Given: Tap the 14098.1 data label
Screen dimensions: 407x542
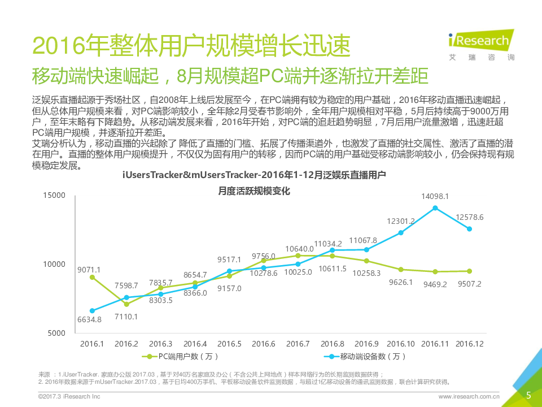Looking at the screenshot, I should click(x=435, y=196).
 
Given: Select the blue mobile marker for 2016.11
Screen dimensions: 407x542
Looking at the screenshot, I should click(x=435, y=208).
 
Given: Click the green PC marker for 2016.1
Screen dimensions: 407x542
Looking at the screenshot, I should click(x=92, y=278).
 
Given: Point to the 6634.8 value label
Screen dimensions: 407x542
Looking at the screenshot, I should click(x=89, y=319).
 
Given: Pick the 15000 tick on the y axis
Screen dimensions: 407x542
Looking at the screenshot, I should click(x=55, y=195).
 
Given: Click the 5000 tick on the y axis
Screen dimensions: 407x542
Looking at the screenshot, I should click(x=57, y=333).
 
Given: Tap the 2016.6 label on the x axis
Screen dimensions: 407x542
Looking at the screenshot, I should click(x=264, y=343).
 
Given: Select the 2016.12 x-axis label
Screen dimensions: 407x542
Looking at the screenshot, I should click(x=469, y=343).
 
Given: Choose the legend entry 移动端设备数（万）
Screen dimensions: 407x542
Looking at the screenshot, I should click(x=367, y=356).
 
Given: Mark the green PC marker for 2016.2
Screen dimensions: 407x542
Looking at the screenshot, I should click(x=126, y=304).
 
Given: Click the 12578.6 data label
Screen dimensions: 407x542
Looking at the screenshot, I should click(x=469, y=217).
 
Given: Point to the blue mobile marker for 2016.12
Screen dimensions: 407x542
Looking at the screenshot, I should click(x=469, y=229).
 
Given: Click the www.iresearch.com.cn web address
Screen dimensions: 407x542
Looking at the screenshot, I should click(x=469, y=397).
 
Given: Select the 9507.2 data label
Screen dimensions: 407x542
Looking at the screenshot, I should click(x=469, y=284).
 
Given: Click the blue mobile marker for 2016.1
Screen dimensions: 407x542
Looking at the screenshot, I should click(x=92, y=311).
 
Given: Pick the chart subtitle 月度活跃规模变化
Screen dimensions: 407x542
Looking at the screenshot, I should click(x=254, y=191).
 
